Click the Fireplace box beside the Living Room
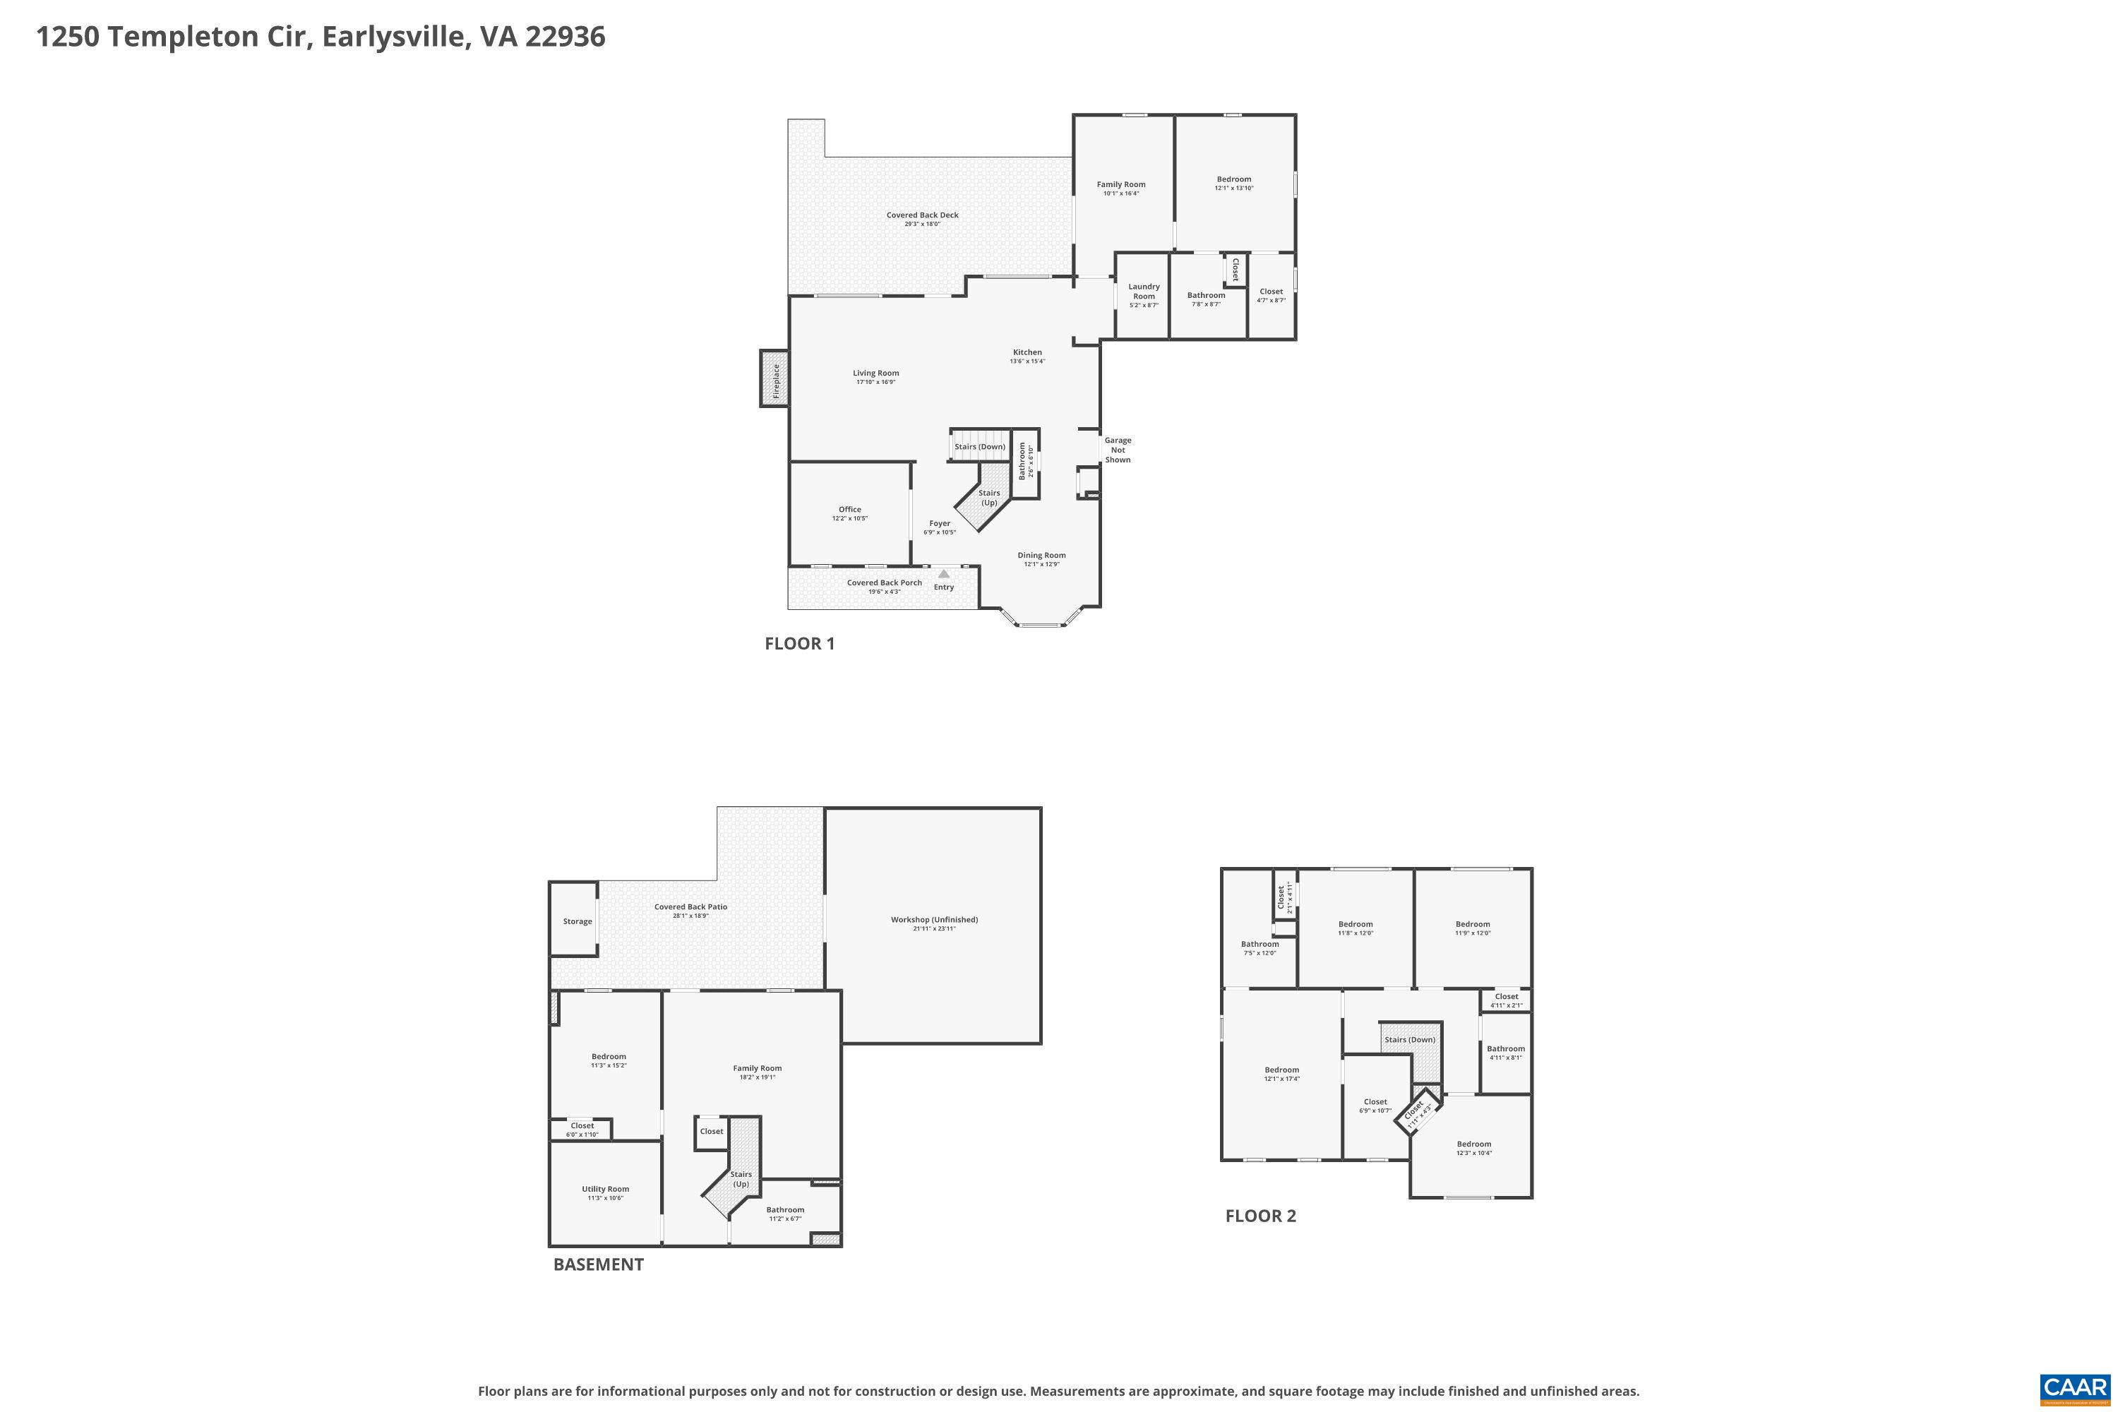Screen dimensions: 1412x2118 pos(774,379)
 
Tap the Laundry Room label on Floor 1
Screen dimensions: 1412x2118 pos(1144,292)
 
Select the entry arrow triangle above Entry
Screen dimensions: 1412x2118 pos(944,573)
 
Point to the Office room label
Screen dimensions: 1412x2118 pos(849,510)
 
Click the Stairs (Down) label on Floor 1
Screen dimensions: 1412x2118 pos(980,447)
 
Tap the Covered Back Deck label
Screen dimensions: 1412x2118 pos(922,215)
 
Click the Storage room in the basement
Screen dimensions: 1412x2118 pos(578,921)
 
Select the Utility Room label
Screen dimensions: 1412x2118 pos(605,1189)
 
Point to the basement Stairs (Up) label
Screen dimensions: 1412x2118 pos(740,1179)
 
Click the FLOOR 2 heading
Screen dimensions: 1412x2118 pos(1260,1216)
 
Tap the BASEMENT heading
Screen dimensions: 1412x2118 pos(598,1264)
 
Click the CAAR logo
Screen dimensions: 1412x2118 pos(2075,1387)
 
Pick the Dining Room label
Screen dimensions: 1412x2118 pos(1041,556)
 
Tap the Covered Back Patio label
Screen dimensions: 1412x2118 pos(690,907)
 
